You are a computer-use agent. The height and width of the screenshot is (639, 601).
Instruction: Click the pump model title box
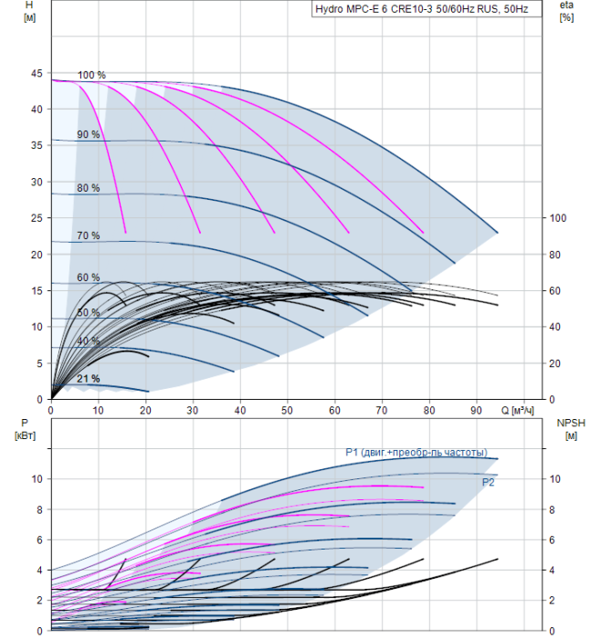[427, 9]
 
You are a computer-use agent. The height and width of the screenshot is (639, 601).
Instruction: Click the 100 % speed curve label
[91, 75]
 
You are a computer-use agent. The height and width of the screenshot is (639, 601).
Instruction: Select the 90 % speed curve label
[88, 134]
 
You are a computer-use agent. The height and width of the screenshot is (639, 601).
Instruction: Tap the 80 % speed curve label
[88, 188]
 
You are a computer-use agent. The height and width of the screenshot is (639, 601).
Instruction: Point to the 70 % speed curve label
[88, 236]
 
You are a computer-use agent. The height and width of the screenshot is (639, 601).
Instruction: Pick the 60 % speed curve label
[88, 278]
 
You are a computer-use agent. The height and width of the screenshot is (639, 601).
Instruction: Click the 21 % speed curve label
[88, 379]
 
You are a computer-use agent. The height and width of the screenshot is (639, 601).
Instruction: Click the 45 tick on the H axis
[37, 73]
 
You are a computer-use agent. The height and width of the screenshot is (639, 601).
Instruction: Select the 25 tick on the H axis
[37, 218]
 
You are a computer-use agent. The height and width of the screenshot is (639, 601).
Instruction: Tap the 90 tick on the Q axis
[476, 410]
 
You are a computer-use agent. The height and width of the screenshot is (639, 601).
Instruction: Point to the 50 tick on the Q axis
[287, 410]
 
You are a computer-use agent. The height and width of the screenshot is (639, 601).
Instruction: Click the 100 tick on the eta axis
[558, 218]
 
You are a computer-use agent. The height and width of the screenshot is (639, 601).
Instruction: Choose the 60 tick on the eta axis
[554, 290]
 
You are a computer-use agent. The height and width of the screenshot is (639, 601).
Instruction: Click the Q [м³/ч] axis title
[517, 410]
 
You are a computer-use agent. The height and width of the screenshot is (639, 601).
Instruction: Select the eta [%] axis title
[567, 11]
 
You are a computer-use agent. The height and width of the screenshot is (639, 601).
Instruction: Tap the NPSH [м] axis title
[571, 429]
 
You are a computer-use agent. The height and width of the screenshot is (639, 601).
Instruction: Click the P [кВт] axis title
[25, 429]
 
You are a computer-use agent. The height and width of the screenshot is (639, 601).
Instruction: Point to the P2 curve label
[488, 483]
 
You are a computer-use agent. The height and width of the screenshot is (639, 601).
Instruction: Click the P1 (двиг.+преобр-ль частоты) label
[416, 453]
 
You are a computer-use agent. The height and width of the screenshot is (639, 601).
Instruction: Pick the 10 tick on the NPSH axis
[554, 479]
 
